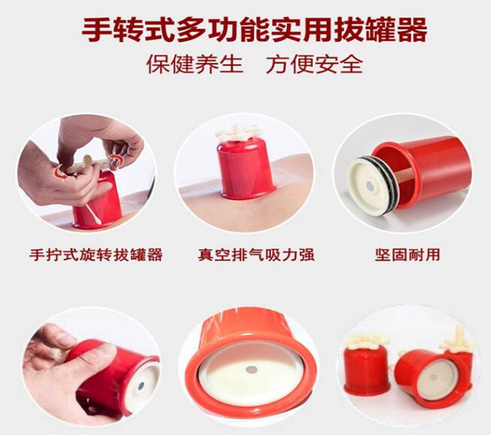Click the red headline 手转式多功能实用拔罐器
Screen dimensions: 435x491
tap(245, 29)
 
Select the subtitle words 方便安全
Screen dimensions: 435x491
tap(314, 64)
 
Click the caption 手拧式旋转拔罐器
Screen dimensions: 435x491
tap(96, 255)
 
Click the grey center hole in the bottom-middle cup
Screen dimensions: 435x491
tap(251, 369)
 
